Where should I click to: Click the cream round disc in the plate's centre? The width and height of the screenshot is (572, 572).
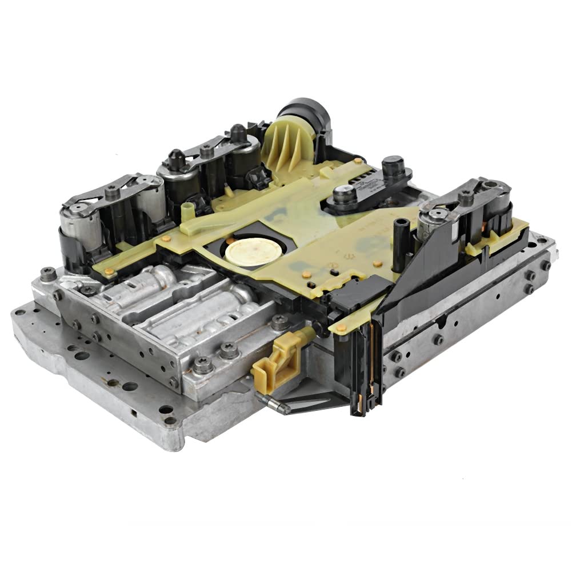[246, 251]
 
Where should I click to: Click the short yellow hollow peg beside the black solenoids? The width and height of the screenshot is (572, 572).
[186, 215]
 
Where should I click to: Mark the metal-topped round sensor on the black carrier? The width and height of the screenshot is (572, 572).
[345, 194]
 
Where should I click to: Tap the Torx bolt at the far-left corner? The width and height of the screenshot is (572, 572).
[49, 274]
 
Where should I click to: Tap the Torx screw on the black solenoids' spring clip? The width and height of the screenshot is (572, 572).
[207, 150]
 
